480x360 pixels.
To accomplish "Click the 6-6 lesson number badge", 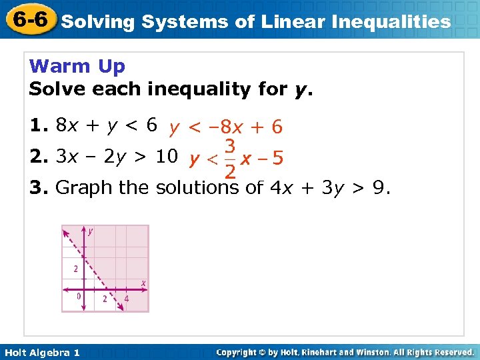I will pos(28,19).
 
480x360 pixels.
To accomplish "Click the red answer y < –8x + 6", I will pos(225,126).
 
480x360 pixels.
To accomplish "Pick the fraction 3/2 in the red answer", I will pos(229,158).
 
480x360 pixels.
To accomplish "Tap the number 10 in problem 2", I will pos(166,157).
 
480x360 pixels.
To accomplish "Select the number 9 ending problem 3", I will pos(377,188).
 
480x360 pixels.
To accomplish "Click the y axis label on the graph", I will pos(90,231).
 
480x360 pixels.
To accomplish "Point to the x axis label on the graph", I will pos(143,283).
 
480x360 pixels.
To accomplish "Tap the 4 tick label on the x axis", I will pos(127,299).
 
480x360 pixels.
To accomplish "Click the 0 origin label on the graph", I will pos(79,296).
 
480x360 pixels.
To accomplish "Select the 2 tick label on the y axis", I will pos(76,269).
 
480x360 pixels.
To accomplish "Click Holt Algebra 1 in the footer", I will pos(41,353).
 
